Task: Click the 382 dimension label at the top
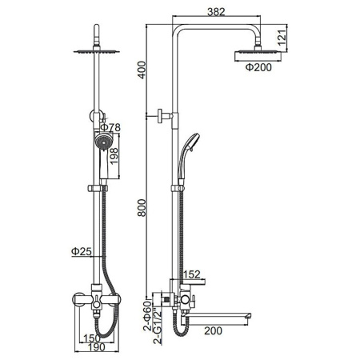point(216,12)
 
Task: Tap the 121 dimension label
point(282,36)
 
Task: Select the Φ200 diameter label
point(258,67)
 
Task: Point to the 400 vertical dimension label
point(142,70)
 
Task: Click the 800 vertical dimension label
point(142,208)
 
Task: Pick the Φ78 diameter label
point(110,127)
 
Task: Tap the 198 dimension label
point(114,156)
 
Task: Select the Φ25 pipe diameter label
point(82,251)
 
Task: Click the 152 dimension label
point(191,274)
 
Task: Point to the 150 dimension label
point(92,338)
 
